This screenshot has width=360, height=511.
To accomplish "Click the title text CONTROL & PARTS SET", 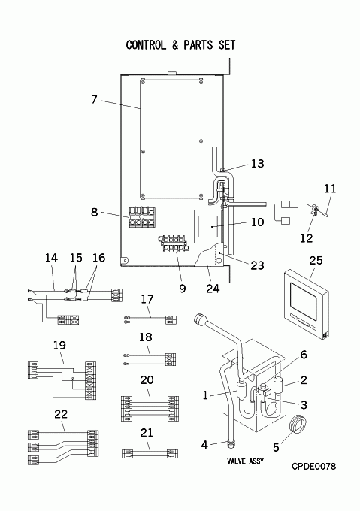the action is [180, 45].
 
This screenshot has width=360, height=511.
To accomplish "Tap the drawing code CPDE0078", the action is [313, 467].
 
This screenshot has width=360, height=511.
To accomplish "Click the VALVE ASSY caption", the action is [245, 461].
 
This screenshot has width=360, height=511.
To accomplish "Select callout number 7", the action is [94, 98].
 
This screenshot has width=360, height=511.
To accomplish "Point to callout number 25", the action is [316, 261].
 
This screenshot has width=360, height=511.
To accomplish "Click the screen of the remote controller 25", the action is [304, 301].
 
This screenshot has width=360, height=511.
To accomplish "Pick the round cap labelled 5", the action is [298, 424].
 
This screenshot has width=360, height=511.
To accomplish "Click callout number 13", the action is [257, 163].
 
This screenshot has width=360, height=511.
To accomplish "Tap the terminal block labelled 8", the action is [142, 217].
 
